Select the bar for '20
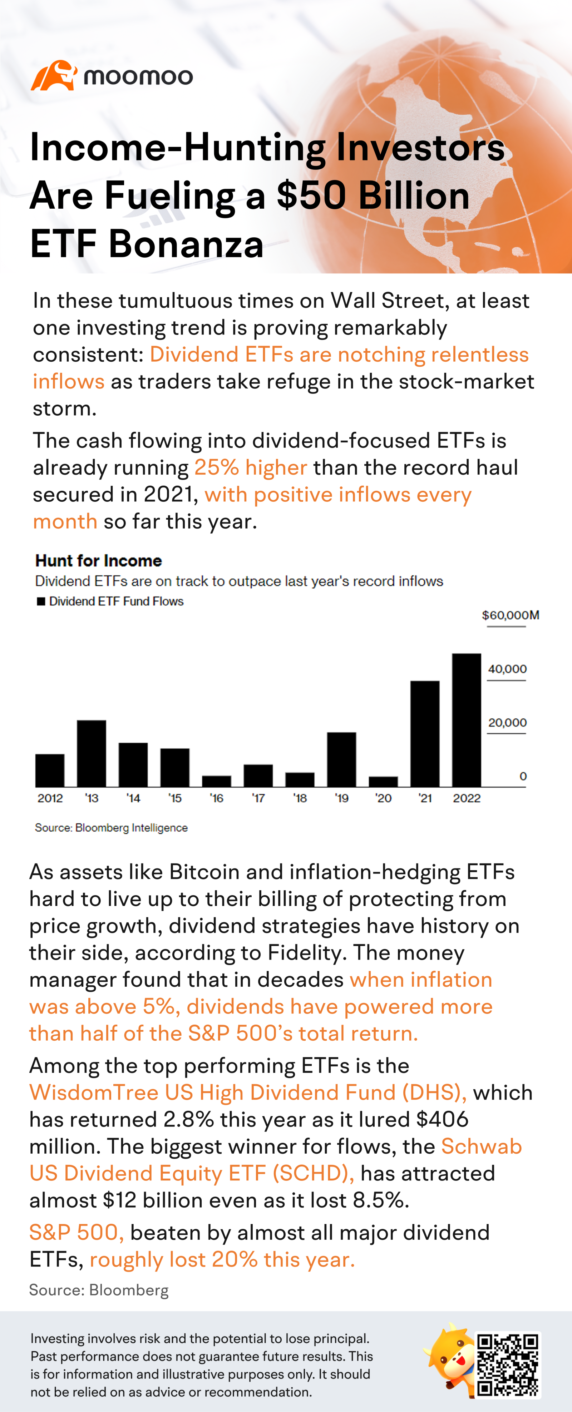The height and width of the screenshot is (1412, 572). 383,782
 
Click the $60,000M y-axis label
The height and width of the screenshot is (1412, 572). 510,615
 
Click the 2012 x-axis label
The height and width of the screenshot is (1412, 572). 50,798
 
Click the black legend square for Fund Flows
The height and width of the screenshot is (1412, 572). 41,601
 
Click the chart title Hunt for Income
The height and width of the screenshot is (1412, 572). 99,560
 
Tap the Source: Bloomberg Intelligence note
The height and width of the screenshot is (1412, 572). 111,828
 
